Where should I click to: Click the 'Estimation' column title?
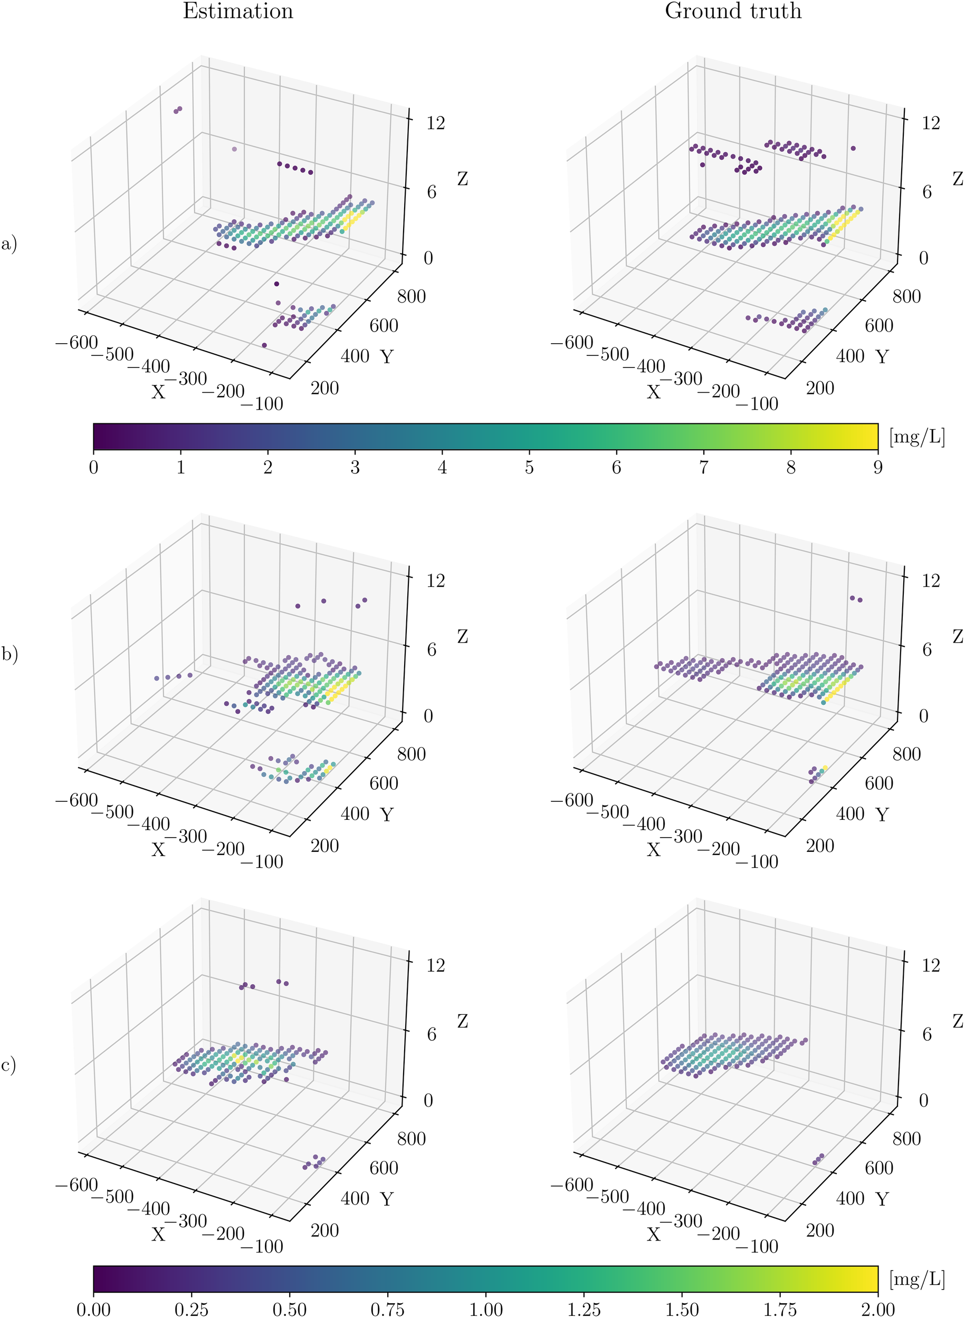coord(238,11)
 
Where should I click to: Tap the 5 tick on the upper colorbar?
coord(529,468)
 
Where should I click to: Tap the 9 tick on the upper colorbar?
coord(877,468)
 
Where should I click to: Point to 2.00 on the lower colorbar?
coord(877,1308)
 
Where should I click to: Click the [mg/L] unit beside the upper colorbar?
coord(916,436)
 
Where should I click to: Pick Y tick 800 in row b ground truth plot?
coord(906,754)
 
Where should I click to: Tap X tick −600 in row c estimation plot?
coord(77,1185)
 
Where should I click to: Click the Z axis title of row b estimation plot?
coord(463,636)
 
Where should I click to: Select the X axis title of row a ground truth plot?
coord(653,392)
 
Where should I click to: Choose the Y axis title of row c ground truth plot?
coord(882,1199)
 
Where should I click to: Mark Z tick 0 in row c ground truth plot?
coord(923,1100)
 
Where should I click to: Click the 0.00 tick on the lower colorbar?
coord(93,1308)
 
